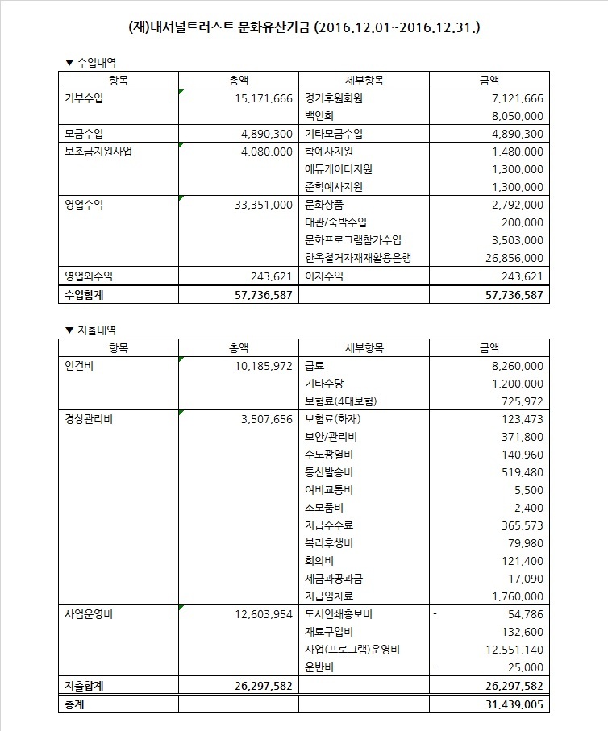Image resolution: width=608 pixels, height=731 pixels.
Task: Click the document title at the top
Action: (x=304, y=28)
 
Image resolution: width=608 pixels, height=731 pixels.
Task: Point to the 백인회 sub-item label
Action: (x=319, y=116)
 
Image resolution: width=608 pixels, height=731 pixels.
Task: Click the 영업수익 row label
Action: (x=83, y=205)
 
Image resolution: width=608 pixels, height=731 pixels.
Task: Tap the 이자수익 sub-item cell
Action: (x=323, y=276)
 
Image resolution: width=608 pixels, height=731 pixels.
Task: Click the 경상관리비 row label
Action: (x=88, y=419)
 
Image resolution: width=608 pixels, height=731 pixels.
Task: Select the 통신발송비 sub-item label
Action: (x=329, y=472)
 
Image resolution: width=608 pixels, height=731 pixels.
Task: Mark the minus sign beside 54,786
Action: (x=435, y=614)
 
